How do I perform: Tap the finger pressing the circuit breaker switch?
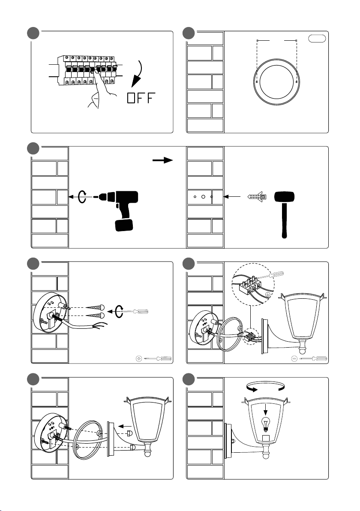pos(97,77)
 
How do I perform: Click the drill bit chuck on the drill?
pos(103,198)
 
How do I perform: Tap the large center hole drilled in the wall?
pos(204,197)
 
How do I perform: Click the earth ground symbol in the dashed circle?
pos(268,294)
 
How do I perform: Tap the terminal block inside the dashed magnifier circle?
pos(249,284)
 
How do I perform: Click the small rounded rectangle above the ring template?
pos(317,39)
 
